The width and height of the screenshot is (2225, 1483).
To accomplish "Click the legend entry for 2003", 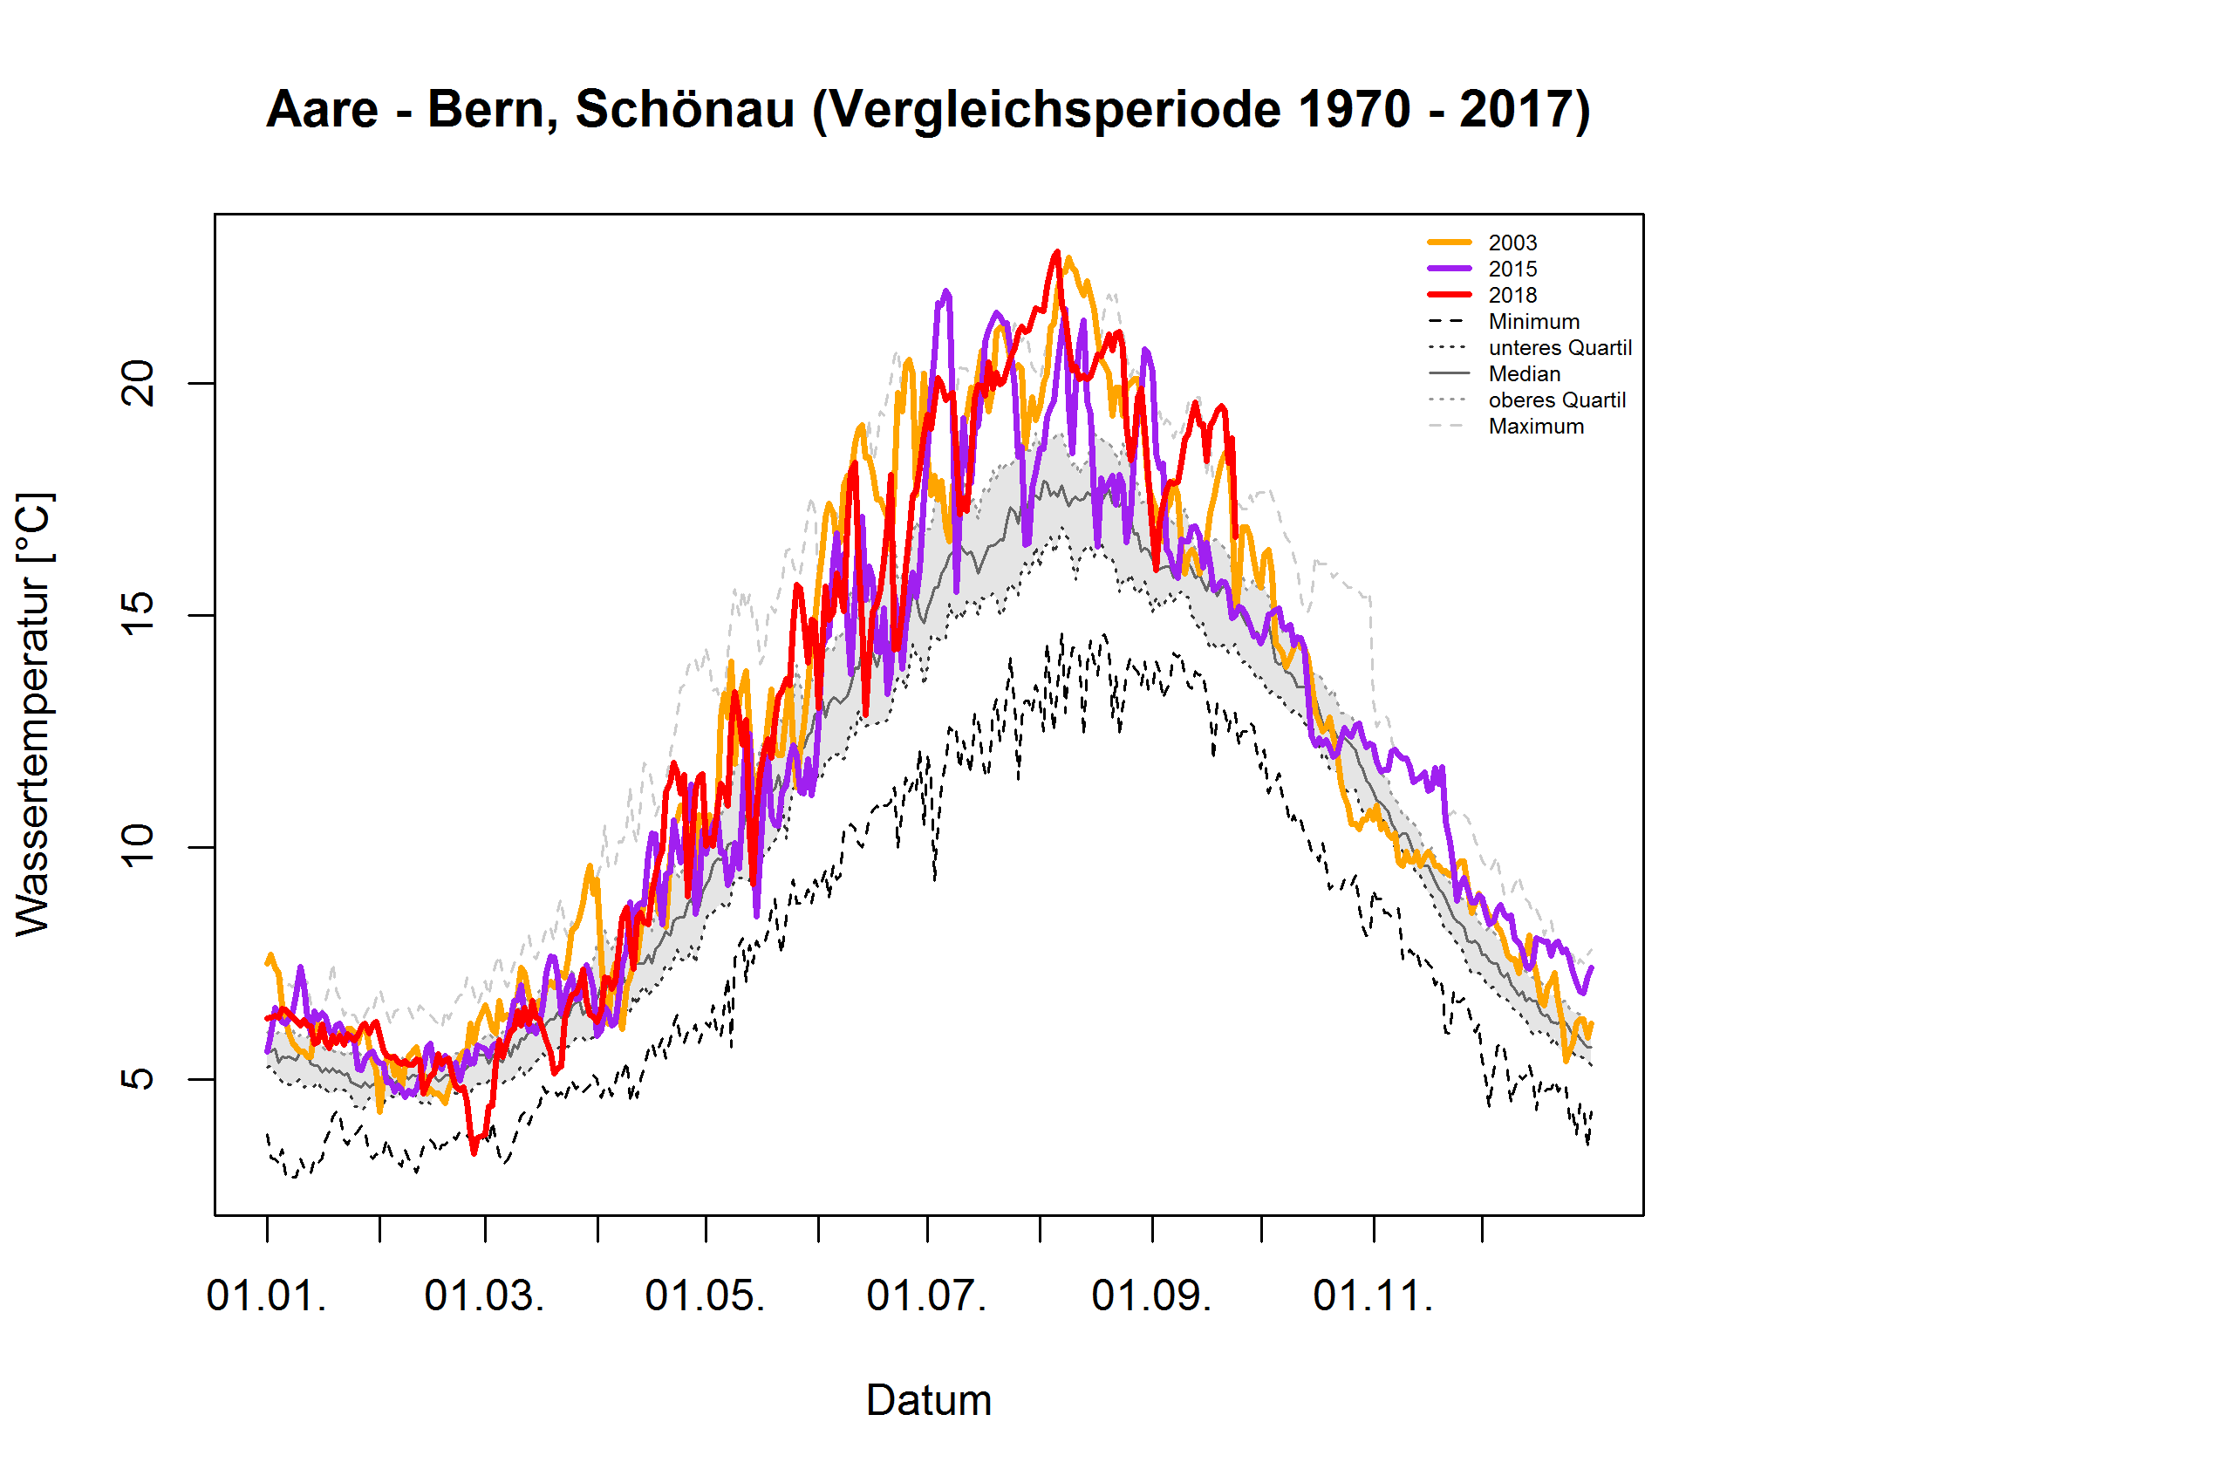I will [1512, 243].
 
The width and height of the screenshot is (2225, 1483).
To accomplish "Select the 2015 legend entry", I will [1512, 270].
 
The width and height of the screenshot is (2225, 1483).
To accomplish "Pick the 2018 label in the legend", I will [1512, 295].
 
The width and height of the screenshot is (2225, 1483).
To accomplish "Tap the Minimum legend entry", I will [1532, 322].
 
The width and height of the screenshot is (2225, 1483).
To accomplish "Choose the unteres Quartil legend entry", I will [1560, 348].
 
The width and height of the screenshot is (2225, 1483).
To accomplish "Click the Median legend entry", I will [1524, 373].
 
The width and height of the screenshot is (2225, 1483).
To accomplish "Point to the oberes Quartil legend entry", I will [1557, 400].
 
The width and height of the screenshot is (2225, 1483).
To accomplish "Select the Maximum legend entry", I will [1536, 427].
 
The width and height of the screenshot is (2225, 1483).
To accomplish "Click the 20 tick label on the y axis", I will [139, 383].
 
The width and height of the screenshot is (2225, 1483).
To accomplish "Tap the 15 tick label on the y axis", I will [139, 615].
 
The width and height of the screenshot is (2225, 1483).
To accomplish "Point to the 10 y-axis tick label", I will [139, 846].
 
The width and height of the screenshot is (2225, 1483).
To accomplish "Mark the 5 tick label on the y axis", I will [139, 1079].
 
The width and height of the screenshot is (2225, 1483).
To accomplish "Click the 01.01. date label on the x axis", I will [267, 1295].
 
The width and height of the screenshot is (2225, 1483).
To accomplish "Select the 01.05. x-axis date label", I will [705, 1295].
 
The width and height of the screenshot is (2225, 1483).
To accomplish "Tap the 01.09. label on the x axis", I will [1150, 1295].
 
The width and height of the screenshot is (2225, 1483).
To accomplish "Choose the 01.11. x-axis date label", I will [1373, 1295].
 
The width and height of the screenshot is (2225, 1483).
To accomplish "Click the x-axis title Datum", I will [929, 1401].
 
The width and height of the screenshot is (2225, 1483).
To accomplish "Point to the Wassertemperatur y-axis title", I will [34, 714].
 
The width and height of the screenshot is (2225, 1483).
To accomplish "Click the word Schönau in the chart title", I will [685, 110].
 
